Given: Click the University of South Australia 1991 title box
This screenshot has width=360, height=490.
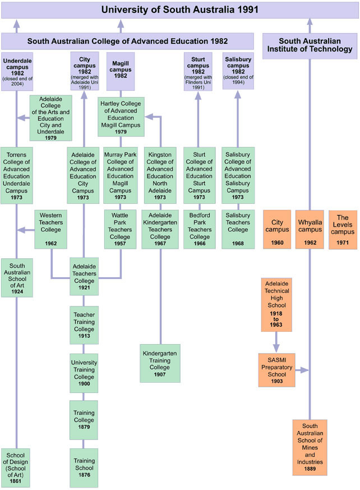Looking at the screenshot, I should coord(179,10).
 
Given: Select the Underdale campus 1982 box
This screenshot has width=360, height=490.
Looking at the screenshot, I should coord(17,71).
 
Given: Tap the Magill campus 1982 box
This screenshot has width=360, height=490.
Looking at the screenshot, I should coord(121,71).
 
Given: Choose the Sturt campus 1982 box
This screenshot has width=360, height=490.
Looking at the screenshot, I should coord(198,71).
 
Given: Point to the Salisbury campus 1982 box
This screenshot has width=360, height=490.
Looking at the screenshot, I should coord(238,71).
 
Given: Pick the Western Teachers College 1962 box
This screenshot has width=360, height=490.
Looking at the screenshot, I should coord(52,229).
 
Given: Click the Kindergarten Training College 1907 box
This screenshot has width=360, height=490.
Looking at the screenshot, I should coord(160,363).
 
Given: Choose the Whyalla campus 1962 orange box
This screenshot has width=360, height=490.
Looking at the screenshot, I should coord(310,230).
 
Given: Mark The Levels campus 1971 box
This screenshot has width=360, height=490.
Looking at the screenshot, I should coord(343,230).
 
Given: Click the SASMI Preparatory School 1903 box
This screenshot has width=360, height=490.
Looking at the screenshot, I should coord(276,370).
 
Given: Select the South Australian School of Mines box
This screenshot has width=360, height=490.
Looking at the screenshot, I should coord(310,447).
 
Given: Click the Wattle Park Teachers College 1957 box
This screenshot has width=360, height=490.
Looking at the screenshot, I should coord(121,229).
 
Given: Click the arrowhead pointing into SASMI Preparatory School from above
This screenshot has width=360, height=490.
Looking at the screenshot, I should coord(276,349).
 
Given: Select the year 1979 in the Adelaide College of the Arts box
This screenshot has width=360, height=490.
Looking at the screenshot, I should coord(50,138).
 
